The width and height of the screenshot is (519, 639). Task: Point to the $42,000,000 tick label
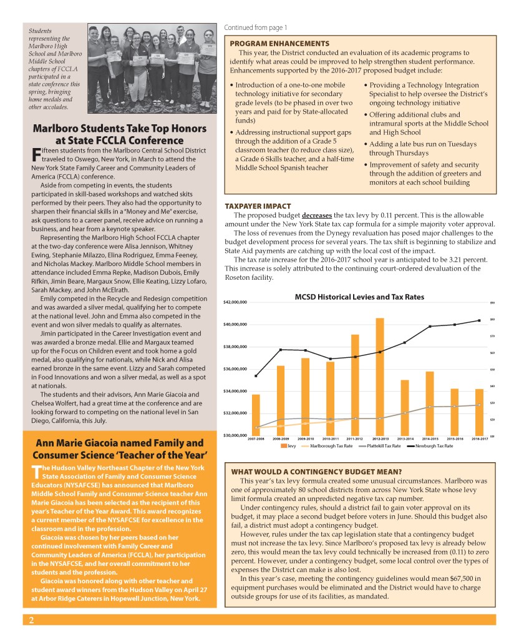pyautogui.click(x=236, y=302)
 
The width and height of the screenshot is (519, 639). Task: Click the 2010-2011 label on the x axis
pyautogui.click(x=330, y=439)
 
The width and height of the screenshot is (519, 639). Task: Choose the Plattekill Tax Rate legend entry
pyautogui.click(x=382, y=446)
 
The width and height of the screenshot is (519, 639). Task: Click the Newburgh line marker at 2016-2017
pyautogui.click(x=480, y=320)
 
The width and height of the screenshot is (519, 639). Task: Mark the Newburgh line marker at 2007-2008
pyautogui.click(x=256, y=376)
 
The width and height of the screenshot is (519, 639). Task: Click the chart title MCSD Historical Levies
pyautogui.click(x=359, y=297)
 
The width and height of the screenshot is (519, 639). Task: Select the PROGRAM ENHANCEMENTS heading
pyautogui.click(x=279, y=43)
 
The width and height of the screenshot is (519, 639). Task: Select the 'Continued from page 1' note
pyautogui.click(x=256, y=27)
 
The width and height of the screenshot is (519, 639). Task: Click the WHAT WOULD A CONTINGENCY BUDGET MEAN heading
pyautogui.click(x=316, y=471)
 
